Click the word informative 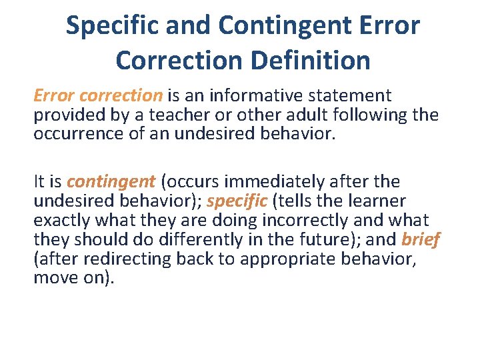click(254, 96)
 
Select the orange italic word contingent click(111, 181)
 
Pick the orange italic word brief click(421, 239)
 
